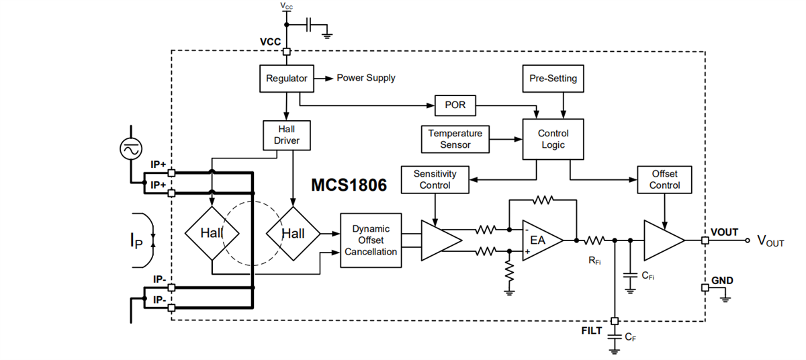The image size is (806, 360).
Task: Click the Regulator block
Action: click(x=287, y=79)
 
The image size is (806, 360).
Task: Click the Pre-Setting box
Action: click(x=553, y=79)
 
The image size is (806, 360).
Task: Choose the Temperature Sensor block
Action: click(x=455, y=139)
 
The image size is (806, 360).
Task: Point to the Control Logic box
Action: click(x=553, y=139)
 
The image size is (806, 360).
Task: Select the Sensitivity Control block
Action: click(x=435, y=179)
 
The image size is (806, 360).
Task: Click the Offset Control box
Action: click(x=664, y=179)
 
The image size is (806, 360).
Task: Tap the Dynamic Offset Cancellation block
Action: click(x=371, y=240)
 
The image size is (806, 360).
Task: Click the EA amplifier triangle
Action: click(x=540, y=240)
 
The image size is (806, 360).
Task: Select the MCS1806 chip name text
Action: click(x=349, y=185)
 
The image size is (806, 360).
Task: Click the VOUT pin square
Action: click(x=705, y=240)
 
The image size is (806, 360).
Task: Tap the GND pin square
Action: click(x=705, y=287)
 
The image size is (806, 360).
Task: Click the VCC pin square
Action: click(x=287, y=52)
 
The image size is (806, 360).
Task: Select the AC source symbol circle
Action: click(x=129, y=149)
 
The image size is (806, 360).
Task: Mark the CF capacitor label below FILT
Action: click(x=630, y=338)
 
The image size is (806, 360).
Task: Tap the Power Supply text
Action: click(x=365, y=78)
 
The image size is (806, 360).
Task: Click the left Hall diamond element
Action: click(x=211, y=233)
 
